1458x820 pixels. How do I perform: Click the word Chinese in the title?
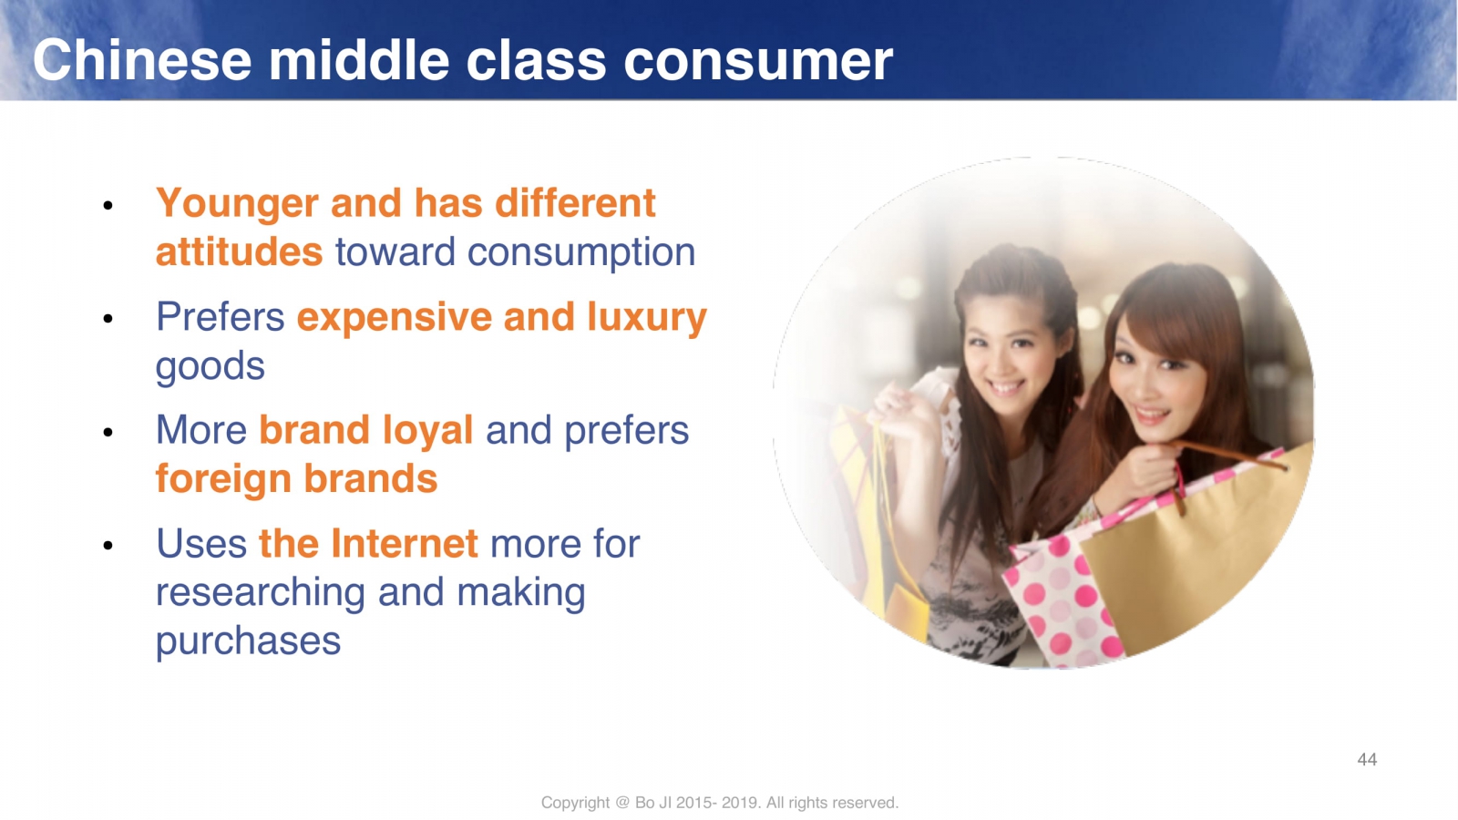click(142, 60)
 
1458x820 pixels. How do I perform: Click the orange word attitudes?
click(239, 252)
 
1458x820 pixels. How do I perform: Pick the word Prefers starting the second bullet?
click(220, 318)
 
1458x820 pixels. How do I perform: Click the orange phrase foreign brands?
click(296, 480)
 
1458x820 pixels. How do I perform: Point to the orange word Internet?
click(405, 544)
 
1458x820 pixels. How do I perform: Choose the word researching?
click(261, 594)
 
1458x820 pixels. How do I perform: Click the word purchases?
click(248, 642)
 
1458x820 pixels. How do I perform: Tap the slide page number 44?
click(1367, 760)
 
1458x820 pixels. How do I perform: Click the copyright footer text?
click(719, 803)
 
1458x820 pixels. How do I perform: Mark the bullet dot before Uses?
click(108, 546)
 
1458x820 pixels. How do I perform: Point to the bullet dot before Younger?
click(108, 206)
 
